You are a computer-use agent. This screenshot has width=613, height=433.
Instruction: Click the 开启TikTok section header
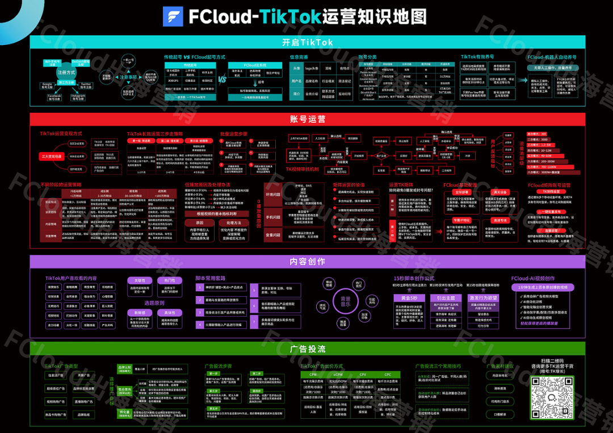(x=307, y=42)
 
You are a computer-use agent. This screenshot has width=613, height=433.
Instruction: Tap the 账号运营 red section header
(x=307, y=119)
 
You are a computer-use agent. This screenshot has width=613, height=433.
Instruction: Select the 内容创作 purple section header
(x=307, y=262)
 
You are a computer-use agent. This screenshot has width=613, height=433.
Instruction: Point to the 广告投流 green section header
(x=307, y=348)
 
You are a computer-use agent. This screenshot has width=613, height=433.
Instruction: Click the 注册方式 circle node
(x=66, y=73)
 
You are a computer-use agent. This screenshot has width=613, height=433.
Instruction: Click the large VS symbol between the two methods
(x=222, y=80)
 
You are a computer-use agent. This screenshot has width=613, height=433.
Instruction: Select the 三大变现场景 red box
(x=51, y=155)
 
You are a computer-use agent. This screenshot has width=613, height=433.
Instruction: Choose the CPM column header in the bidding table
(x=312, y=375)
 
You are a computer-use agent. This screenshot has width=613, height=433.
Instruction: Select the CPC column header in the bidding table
(x=388, y=375)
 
